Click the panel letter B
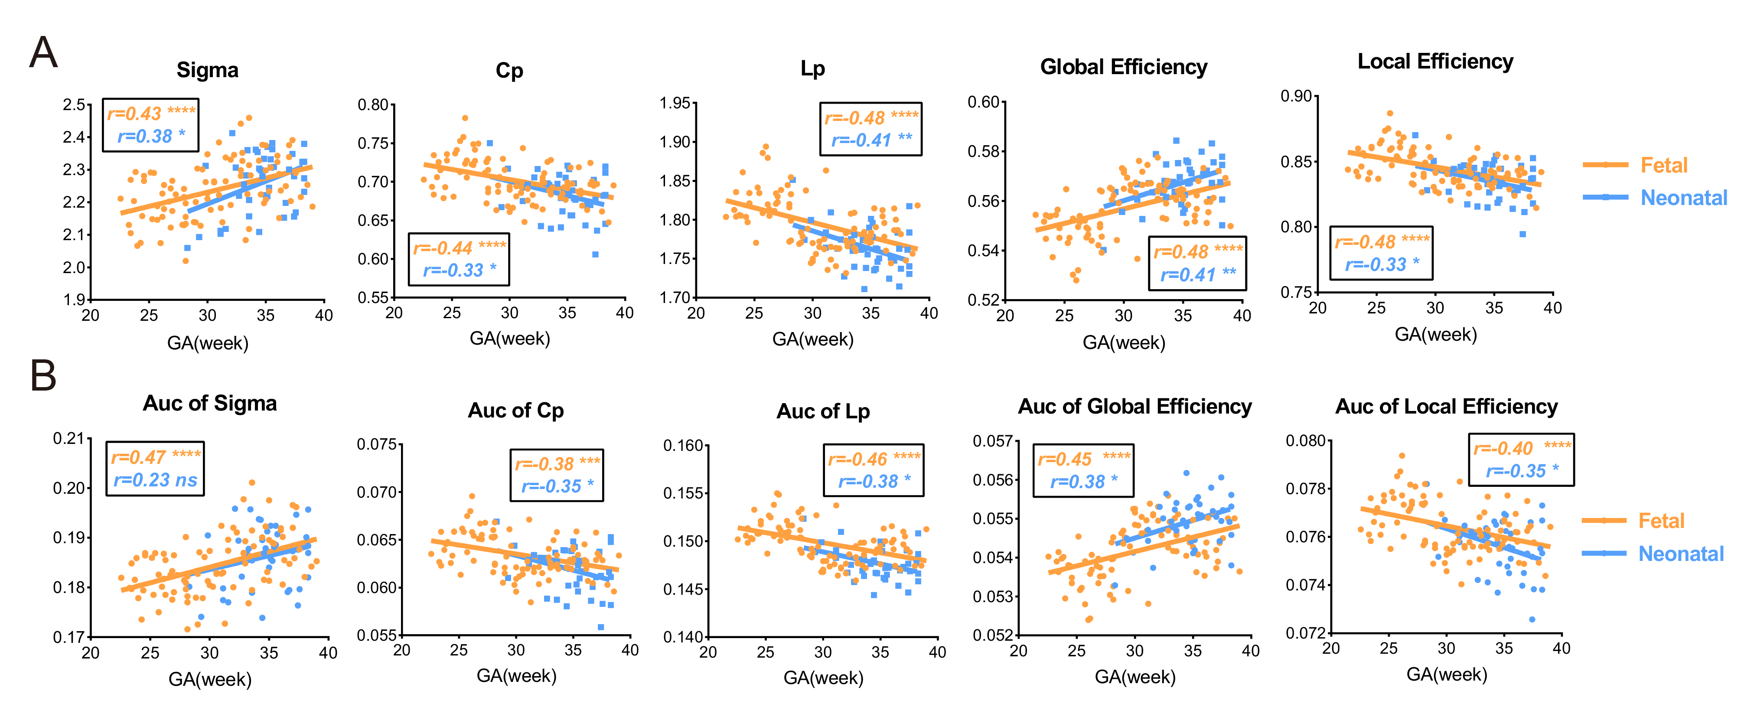[43, 376]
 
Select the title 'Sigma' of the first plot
[208, 70]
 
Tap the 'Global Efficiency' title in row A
[1123, 67]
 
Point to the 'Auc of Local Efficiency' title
[1446, 406]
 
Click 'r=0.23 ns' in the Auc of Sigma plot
[156, 480]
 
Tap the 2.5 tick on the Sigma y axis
[74, 105]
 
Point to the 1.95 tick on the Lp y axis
[675, 104]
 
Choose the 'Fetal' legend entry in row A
[1663, 165]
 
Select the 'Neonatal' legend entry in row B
[1681, 554]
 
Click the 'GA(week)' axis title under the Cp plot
[509, 338]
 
